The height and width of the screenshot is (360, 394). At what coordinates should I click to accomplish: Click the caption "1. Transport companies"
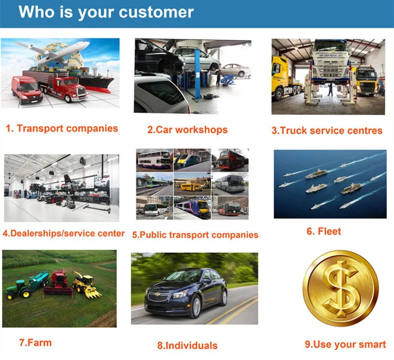pyautogui.click(x=62, y=128)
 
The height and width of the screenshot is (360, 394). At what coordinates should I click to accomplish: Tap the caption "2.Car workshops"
pyautogui.click(x=187, y=129)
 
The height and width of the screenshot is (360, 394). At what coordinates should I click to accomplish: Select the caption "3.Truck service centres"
pyautogui.click(x=327, y=130)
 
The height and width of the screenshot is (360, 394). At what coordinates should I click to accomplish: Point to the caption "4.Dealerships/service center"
pyautogui.click(x=64, y=233)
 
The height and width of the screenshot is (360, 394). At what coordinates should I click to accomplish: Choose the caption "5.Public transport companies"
pyautogui.click(x=195, y=235)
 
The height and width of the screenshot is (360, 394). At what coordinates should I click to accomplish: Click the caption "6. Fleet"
pyautogui.click(x=324, y=231)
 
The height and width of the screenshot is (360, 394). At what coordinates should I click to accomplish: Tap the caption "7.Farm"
pyautogui.click(x=35, y=343)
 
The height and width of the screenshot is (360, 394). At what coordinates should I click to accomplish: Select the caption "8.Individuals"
pyautogui.click(x=187, y=345)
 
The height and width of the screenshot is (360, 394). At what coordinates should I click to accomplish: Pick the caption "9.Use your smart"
pyautogui.click(x=345, y=344)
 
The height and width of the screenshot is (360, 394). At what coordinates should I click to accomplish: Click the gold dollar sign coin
pyautogui.click(x=340, y=289)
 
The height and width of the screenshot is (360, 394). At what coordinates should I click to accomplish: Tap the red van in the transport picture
pyautogui.click(x=27, y=89)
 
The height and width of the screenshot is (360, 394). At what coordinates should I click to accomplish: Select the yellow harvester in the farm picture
pyautogui.click(x=86, y=284)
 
